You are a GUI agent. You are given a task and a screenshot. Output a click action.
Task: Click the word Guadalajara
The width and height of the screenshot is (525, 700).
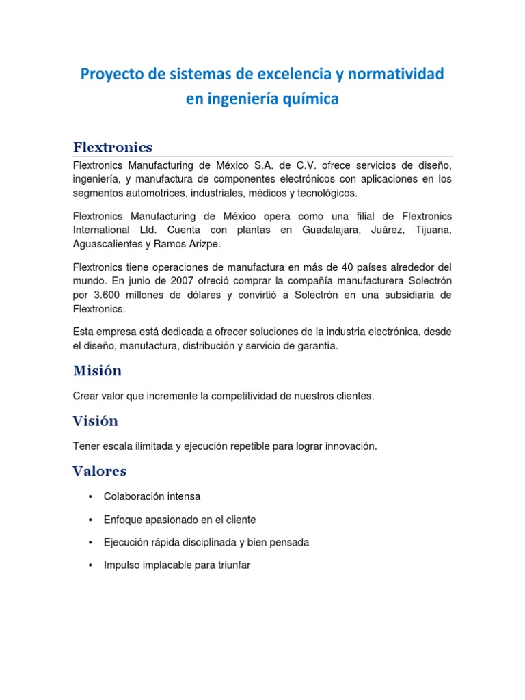[331, 230]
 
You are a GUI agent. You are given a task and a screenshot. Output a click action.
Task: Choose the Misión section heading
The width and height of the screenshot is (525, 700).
[97, 371]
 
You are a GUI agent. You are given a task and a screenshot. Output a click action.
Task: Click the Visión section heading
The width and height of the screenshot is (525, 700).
[95, 420]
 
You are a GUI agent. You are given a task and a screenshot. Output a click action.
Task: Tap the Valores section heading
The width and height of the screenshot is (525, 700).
[99, 471]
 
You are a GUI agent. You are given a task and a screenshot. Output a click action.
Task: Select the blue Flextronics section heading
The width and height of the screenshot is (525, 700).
[112, 147]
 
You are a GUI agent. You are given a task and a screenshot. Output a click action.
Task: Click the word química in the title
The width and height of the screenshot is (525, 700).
[310, 98]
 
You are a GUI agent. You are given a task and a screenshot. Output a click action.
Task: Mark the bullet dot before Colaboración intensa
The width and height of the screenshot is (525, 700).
[90, 496]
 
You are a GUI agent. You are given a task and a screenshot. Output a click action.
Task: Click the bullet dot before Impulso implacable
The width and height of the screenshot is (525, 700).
[90, 565]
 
